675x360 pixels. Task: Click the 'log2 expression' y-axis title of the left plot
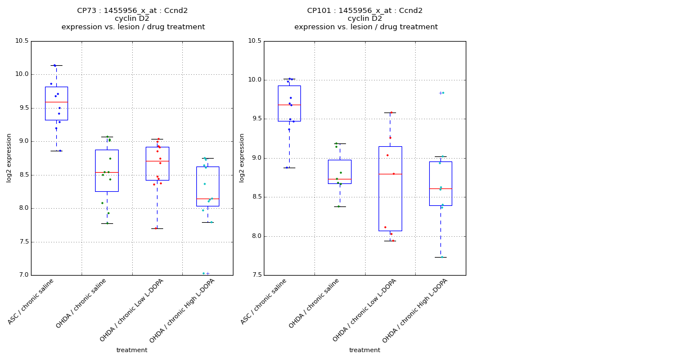9,158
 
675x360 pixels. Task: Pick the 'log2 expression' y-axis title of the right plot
242,158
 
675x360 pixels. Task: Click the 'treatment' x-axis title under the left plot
132,350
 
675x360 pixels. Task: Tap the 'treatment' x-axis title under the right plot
364,350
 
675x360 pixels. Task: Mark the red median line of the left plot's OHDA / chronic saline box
106,172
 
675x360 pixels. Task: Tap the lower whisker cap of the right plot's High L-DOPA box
440,257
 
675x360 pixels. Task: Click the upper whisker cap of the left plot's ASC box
56,65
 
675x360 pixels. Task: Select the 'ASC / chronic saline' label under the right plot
264,301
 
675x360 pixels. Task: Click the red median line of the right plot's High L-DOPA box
440,188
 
